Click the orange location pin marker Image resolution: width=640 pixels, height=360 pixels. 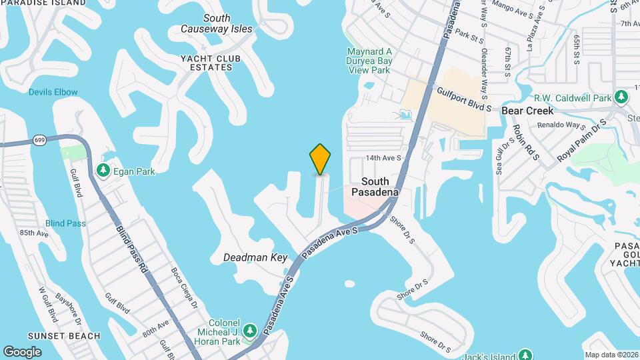point(320,159)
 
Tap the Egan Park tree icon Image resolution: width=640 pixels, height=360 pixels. point(103,171)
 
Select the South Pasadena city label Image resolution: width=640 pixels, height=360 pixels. point(379,187)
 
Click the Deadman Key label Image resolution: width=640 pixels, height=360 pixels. point(255,257)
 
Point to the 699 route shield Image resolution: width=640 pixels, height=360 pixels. point(39,140)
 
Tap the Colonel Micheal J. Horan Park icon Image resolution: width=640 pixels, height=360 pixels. point(250,331)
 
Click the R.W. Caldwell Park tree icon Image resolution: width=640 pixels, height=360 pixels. point(621,97)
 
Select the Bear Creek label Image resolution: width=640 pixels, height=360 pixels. point(527,111)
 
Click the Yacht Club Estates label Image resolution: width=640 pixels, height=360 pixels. point(210,63)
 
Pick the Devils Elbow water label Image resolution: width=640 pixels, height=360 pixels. point(53,92)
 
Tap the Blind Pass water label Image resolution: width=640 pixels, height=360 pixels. point(65,223)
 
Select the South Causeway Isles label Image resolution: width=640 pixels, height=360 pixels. point(217,24)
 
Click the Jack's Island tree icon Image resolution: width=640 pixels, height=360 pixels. point(525,354)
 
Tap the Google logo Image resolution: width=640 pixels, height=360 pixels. point(22,352)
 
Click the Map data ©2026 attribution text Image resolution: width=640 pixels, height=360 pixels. point(611,355)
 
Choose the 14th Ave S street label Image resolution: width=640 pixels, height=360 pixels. point(383,158)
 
